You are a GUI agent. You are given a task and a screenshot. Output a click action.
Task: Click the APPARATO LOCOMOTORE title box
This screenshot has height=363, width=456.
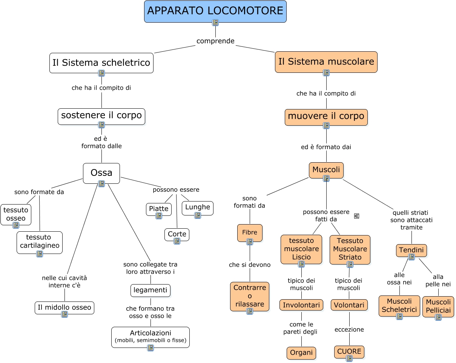(215, 11)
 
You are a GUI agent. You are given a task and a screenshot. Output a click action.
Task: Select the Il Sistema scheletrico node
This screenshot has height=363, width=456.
(101, 63)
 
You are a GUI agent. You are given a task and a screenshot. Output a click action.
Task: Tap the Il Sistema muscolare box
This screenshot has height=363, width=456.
(326, 62)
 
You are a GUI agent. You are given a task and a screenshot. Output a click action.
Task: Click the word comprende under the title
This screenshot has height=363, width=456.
(215, 41)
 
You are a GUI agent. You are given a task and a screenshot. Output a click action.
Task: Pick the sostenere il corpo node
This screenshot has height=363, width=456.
(101, 115)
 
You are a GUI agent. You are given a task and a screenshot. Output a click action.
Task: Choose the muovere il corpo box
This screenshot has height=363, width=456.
(326, 116)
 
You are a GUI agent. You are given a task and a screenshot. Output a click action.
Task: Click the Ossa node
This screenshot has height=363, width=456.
(101, 173)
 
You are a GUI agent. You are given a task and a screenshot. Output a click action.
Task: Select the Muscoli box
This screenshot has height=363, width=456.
(326, 170)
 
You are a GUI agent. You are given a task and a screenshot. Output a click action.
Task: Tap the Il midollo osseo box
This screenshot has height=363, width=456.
(64, 307)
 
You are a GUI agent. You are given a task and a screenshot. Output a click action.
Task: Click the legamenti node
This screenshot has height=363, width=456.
(150, 290)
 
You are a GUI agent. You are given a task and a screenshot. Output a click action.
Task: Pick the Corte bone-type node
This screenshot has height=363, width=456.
(177, 234)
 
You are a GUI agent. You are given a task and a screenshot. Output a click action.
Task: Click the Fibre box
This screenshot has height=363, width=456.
(250, 232)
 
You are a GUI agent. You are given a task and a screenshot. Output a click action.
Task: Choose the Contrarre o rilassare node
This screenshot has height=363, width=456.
(250, 296)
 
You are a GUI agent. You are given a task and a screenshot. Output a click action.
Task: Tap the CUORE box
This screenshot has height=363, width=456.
(349, 351)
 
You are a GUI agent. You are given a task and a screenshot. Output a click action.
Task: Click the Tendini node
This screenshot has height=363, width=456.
(411, 250)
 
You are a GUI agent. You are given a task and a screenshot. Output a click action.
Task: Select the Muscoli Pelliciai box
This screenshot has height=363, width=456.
(438, 306)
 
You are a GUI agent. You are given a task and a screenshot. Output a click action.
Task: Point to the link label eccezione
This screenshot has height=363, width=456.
(349, 330)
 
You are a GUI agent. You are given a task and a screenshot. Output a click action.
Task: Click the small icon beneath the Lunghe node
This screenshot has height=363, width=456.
(198, 215)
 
